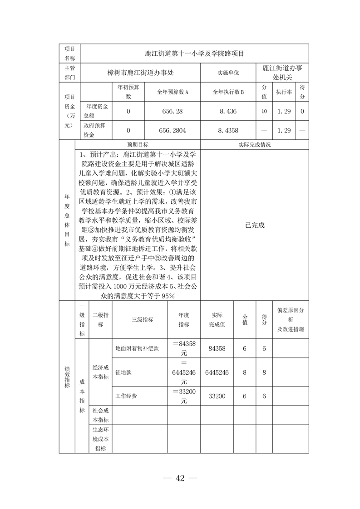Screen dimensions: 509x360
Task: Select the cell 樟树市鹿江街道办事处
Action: point(140,72)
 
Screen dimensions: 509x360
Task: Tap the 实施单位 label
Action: point(228,73)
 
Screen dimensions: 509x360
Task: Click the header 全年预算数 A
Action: point(172,92)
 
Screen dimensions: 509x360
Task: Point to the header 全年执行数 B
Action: point(228,92)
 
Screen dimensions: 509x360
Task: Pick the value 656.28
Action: point(172,111)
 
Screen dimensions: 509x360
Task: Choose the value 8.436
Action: point(228,111)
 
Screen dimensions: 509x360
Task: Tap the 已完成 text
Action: point(254,225)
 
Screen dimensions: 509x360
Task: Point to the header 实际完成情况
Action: point(254,145)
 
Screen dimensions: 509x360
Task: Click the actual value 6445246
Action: point(217,372)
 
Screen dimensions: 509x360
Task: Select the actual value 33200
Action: point(217,396)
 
